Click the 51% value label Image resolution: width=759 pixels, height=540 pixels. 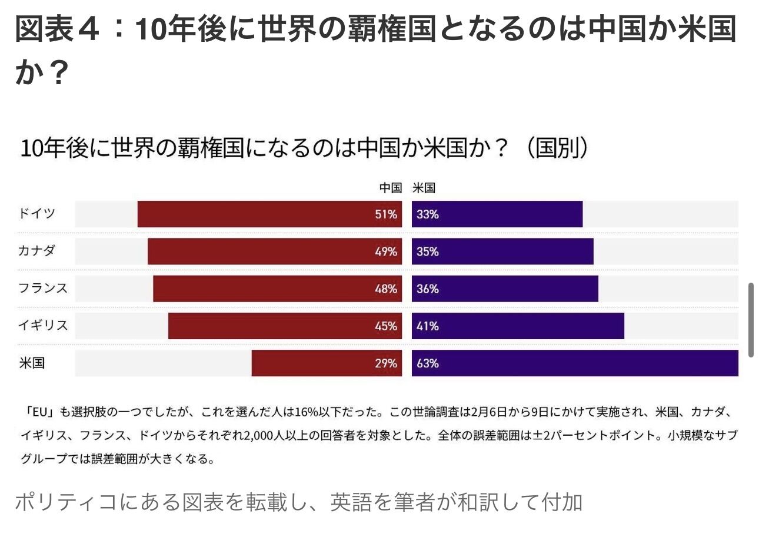tap(386, 214)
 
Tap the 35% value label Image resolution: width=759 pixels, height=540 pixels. tap(428, 251)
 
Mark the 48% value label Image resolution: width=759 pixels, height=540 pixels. tap(386, 289)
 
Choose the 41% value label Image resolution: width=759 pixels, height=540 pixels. tap(428, 326)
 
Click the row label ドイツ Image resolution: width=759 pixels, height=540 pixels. tap(36, 213)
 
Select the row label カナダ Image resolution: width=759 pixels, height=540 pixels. tap(36, 251)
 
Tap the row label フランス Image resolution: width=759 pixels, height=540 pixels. tap(42, 289)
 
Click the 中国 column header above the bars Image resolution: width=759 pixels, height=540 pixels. tap(390, 188)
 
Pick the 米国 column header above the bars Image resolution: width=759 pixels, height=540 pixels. tap(424, 188)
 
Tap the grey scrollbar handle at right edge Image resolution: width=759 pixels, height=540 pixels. tap(751, 320)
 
